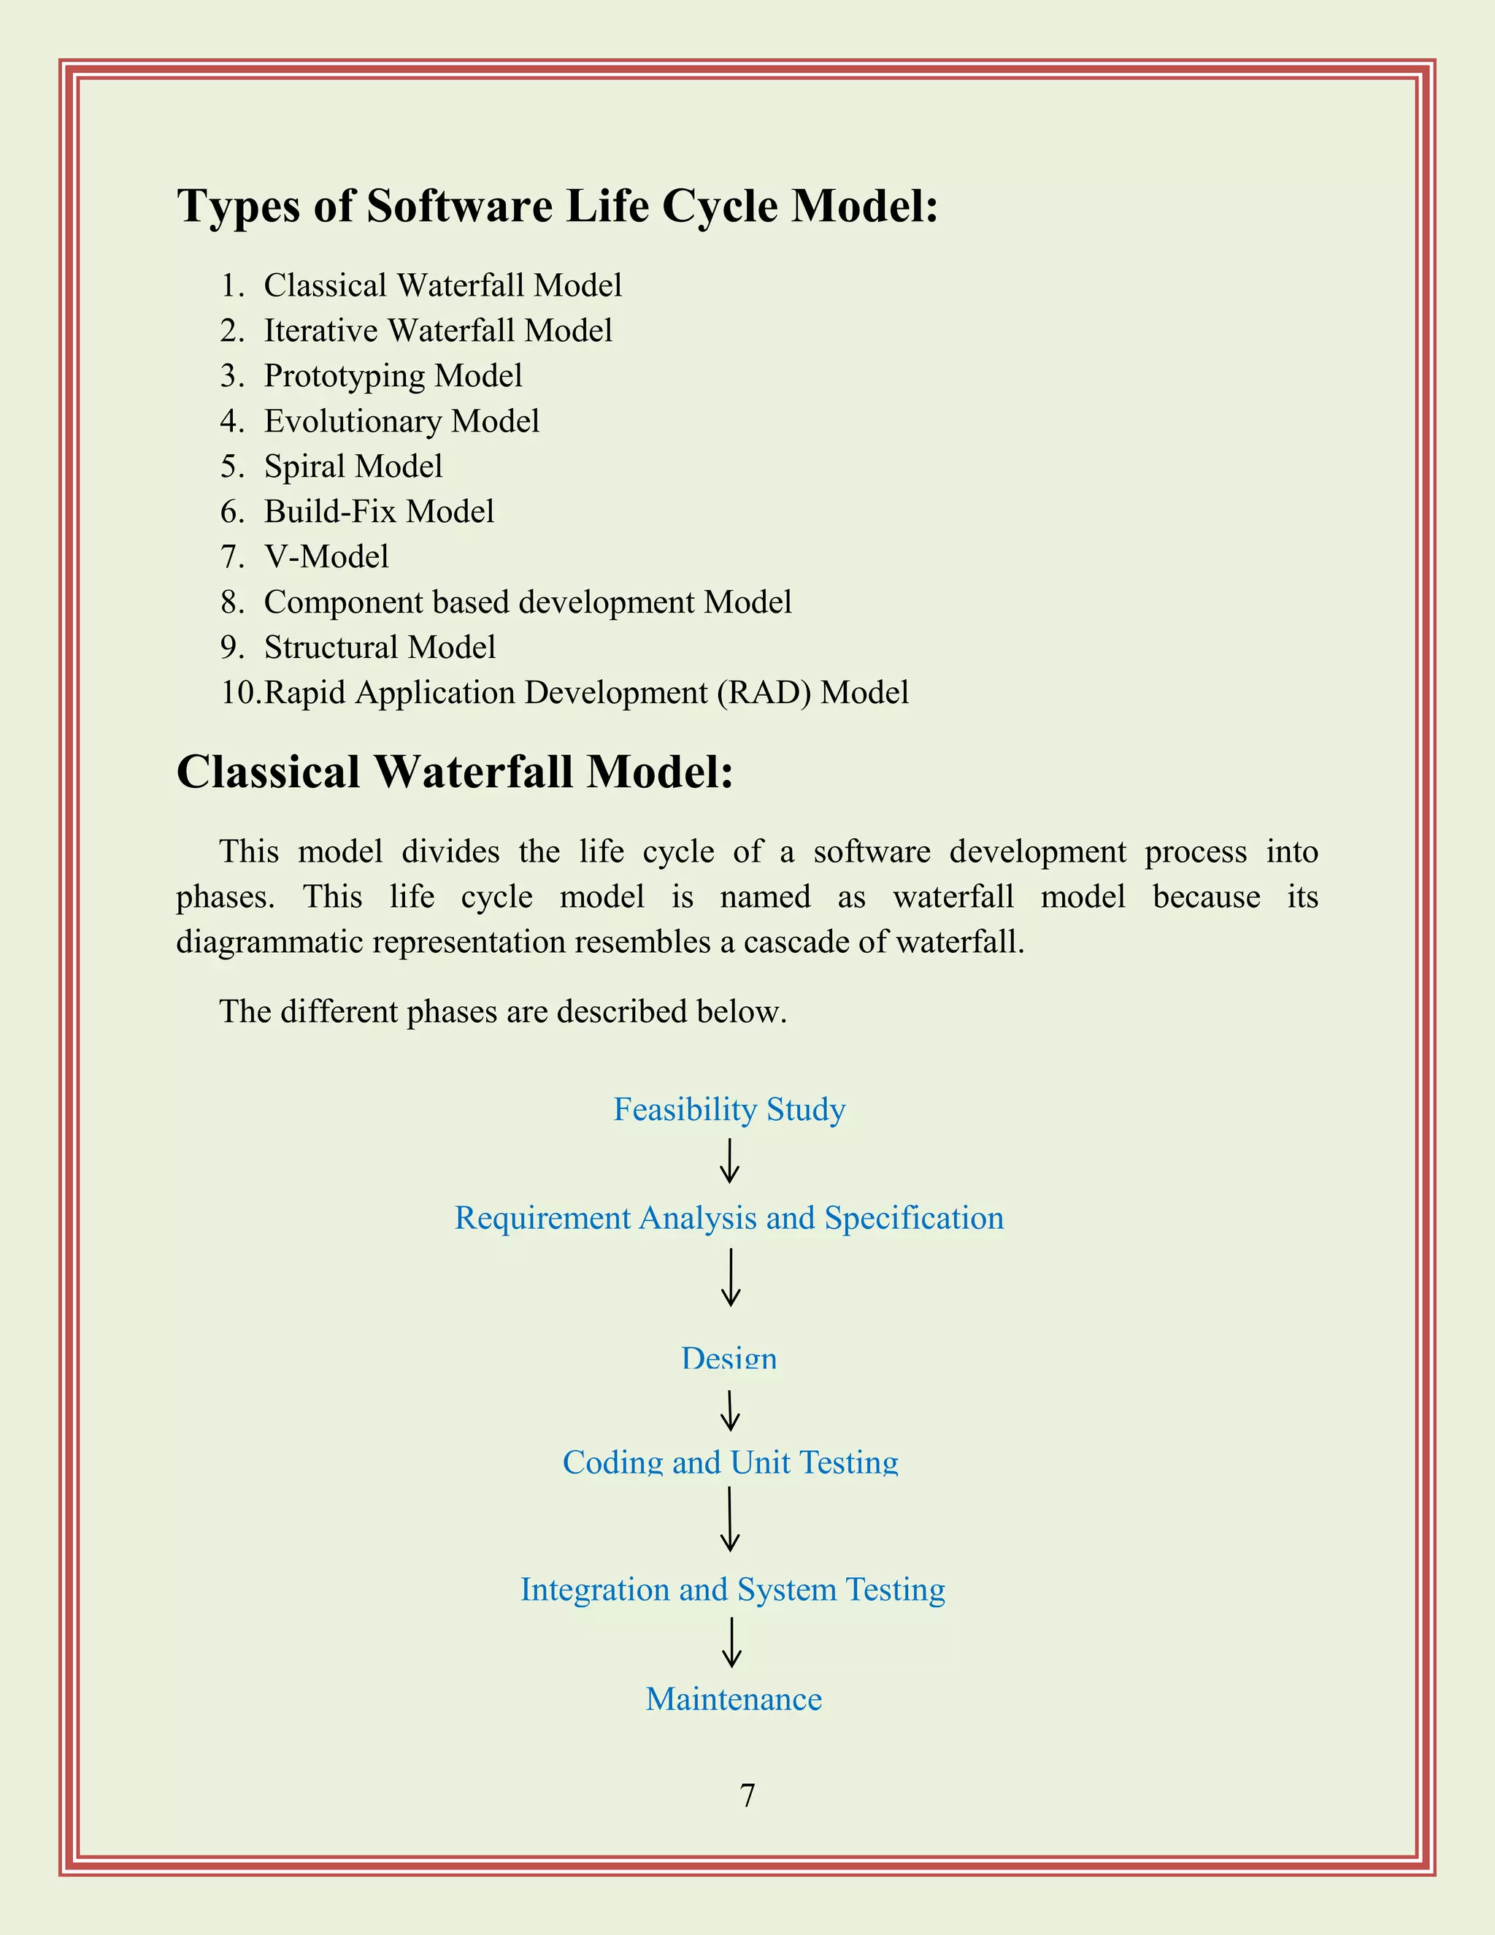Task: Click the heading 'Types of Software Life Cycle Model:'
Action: [557, 207]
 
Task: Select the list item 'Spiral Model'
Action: [353, 466]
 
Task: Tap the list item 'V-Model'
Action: [326, 556]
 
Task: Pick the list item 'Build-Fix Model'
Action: [378, 511]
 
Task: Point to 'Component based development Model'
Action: [527, 602]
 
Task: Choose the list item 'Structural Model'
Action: [379, 647]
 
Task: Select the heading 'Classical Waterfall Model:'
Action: [454, 772]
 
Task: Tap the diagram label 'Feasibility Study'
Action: [729, 1109]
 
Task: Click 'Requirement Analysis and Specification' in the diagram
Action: [729, 1218]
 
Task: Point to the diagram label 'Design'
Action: [729, 1357]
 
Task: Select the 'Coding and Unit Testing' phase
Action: [730, 1462]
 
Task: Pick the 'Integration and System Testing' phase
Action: [732, 1590]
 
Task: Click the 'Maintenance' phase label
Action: [734, 1699]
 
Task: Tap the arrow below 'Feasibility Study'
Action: [729, 1162]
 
